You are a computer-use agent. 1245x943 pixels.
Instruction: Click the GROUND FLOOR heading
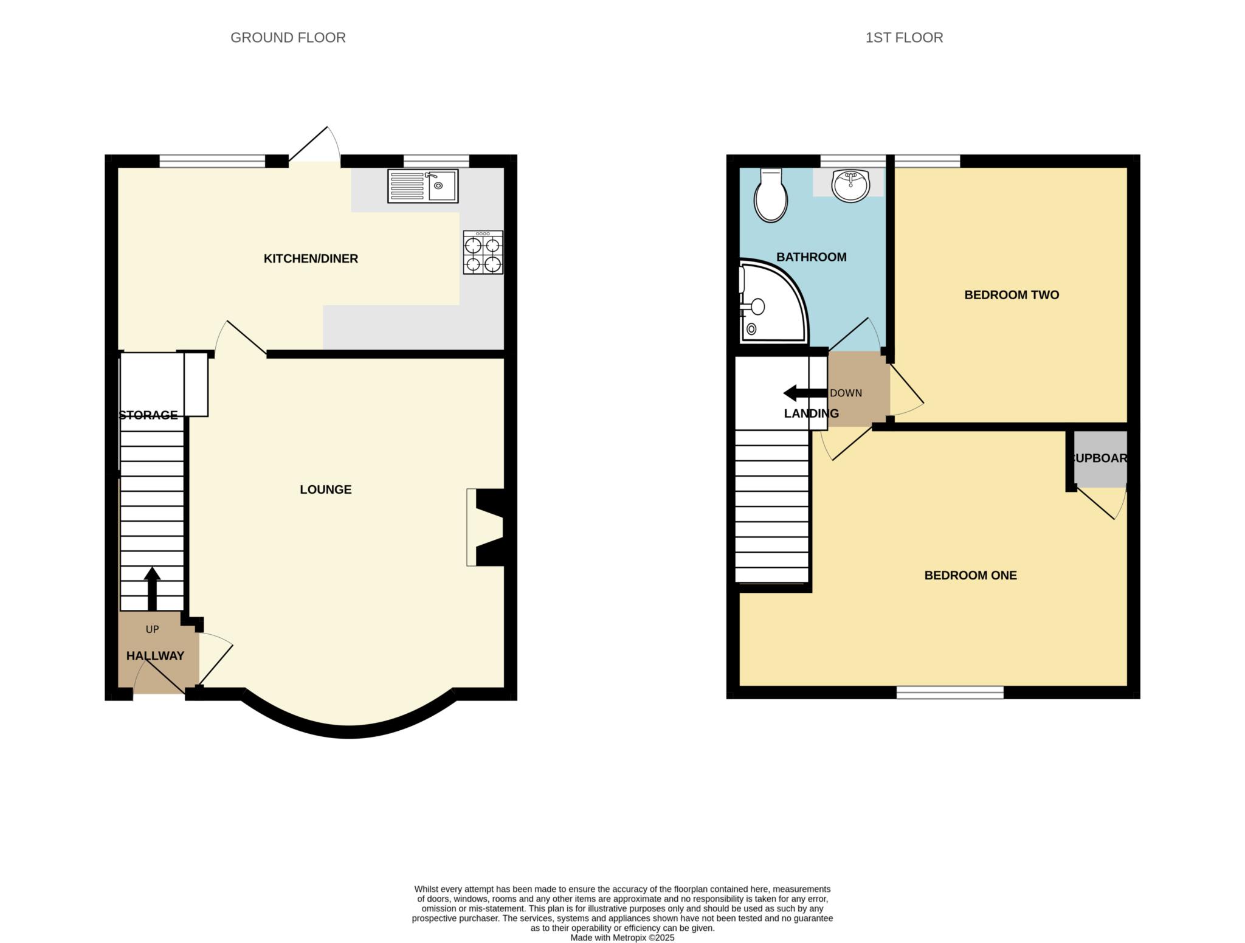[288, 38]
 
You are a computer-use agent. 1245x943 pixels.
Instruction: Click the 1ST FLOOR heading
[904, 38]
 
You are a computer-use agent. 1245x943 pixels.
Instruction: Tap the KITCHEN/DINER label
[311, 258]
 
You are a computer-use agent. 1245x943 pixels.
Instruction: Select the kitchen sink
[423, 186]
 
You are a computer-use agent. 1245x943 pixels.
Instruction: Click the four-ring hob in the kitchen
[483, 252]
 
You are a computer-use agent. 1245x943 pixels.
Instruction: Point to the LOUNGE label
[325, 489]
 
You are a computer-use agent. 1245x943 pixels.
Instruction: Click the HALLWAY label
[155, 656]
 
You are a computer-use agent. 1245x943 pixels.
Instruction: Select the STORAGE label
[149, 415]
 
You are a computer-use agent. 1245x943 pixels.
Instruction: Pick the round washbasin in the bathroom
[851, 185]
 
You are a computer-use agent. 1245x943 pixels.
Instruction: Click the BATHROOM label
[811, 257]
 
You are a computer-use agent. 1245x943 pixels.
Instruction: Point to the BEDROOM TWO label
[1012, 295]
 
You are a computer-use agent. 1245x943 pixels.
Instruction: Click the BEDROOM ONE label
[970, 575]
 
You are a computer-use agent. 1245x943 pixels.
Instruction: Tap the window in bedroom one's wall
[950, 692]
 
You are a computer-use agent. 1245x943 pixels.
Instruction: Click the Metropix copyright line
[622, 938]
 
